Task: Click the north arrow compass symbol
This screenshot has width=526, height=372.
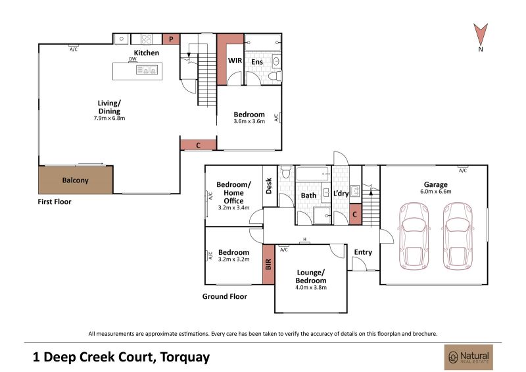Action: click(x=481, y=34)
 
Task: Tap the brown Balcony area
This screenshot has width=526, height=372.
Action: click(x=76, y=180)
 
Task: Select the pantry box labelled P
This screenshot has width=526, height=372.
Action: click(x=171, y=39)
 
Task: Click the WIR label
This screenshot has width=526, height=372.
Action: click(x=235, y=61)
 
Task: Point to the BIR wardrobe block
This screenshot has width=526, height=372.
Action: click(x=268, y=265)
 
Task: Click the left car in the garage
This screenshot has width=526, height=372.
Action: click(x=414, y=236)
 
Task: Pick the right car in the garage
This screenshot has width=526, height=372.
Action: click(x=458, y=236)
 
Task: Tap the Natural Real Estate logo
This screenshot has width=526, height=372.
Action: click(x=469, y=358)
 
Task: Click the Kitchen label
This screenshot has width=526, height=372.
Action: click(x=146, y=53)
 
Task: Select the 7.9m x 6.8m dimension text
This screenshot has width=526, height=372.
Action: click(x=109, y=118)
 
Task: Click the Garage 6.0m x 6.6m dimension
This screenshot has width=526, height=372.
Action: click(x=435, y=192)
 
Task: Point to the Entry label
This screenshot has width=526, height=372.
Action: click(x=363, y=252)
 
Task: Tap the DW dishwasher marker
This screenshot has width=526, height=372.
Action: click(x=133, y=59)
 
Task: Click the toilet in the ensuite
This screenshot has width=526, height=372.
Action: click(x=275, y=76)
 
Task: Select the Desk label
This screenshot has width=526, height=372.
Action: click(x=269, y=186)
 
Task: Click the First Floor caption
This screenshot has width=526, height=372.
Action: click(x=55, y=201)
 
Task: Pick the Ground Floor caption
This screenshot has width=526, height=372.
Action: click(x=224, y=296)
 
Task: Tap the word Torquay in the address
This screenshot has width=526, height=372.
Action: click(x=185, y=358)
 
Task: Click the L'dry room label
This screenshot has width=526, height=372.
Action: click(x=341, y=194)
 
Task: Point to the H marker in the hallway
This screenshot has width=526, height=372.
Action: click(x=305, y=239)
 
